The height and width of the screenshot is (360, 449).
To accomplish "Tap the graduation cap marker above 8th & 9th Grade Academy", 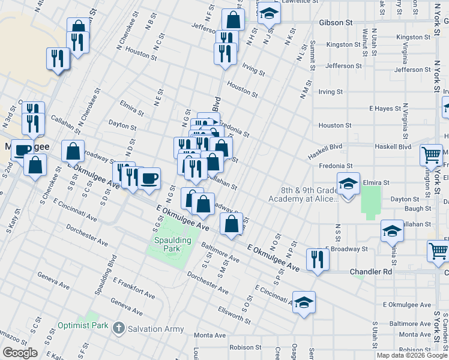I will coord(348,184).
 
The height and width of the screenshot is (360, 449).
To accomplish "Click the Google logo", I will coord(20,353).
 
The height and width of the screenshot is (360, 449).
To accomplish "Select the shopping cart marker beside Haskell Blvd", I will coord(431,154).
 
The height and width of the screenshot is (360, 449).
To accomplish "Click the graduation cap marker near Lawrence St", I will coord(270,13).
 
